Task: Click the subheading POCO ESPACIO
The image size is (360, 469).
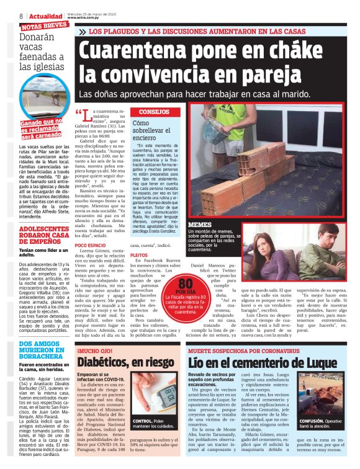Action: [90, 246]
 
